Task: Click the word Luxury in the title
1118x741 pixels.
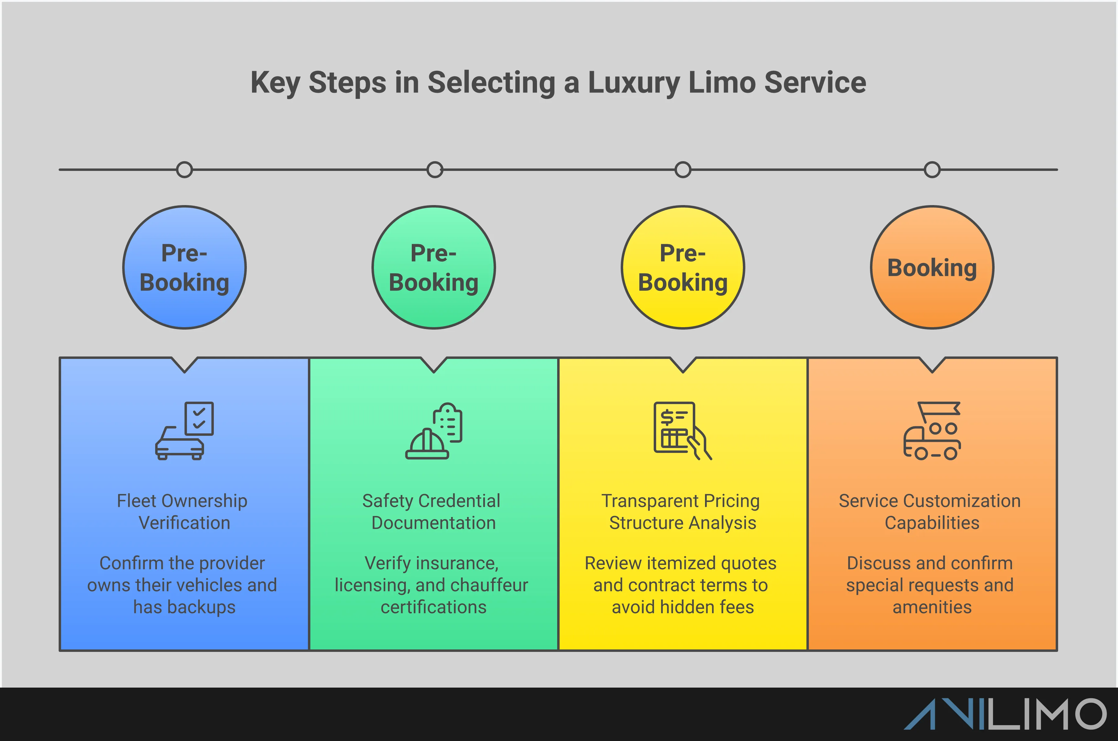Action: coord(633,83)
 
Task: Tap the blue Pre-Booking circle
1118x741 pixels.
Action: coord(185,267)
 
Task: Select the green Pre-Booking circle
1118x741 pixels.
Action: coord(434,267)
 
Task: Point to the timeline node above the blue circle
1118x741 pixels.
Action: coord(185,170)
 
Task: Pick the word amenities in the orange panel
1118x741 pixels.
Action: coord(932,607)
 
